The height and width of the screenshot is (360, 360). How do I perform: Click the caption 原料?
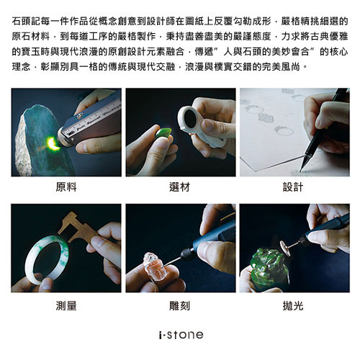tap(66, 187)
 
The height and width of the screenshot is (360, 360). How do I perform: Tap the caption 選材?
tap(180, 187)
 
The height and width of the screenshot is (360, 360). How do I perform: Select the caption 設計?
tap(293, 187)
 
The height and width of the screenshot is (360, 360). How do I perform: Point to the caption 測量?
tap(66, 305)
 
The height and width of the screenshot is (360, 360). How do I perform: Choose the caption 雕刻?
tap(180, 305)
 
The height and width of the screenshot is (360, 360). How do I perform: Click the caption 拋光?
tap(293, 305)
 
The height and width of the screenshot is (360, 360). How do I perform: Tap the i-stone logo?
tap(181, 335)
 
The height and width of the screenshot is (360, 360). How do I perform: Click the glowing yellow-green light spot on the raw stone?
tap(53, 143)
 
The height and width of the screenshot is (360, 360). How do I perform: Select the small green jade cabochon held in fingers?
tap(164, 133)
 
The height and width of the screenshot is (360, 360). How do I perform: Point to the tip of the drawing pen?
tap(301, 171)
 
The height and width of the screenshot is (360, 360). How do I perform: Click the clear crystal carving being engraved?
tap(153, 266)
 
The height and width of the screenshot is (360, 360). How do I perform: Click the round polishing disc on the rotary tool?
tap(285, 247)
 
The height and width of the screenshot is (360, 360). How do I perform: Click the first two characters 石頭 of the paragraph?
tap(21, 21)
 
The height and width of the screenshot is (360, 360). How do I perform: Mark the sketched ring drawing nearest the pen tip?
tap(284, 131)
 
